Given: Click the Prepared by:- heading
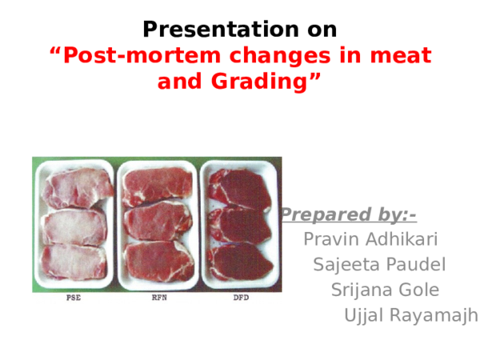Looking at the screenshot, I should click(352, 214).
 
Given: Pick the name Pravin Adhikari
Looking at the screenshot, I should click(370, 239).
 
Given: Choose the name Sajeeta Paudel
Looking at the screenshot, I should click(379, 265).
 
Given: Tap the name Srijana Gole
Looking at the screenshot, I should click(384, 290).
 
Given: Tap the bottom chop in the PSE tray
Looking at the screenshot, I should click(74, 261).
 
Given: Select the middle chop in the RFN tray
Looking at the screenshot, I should click(157, 222).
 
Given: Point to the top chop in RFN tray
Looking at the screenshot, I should click(158, 186).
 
